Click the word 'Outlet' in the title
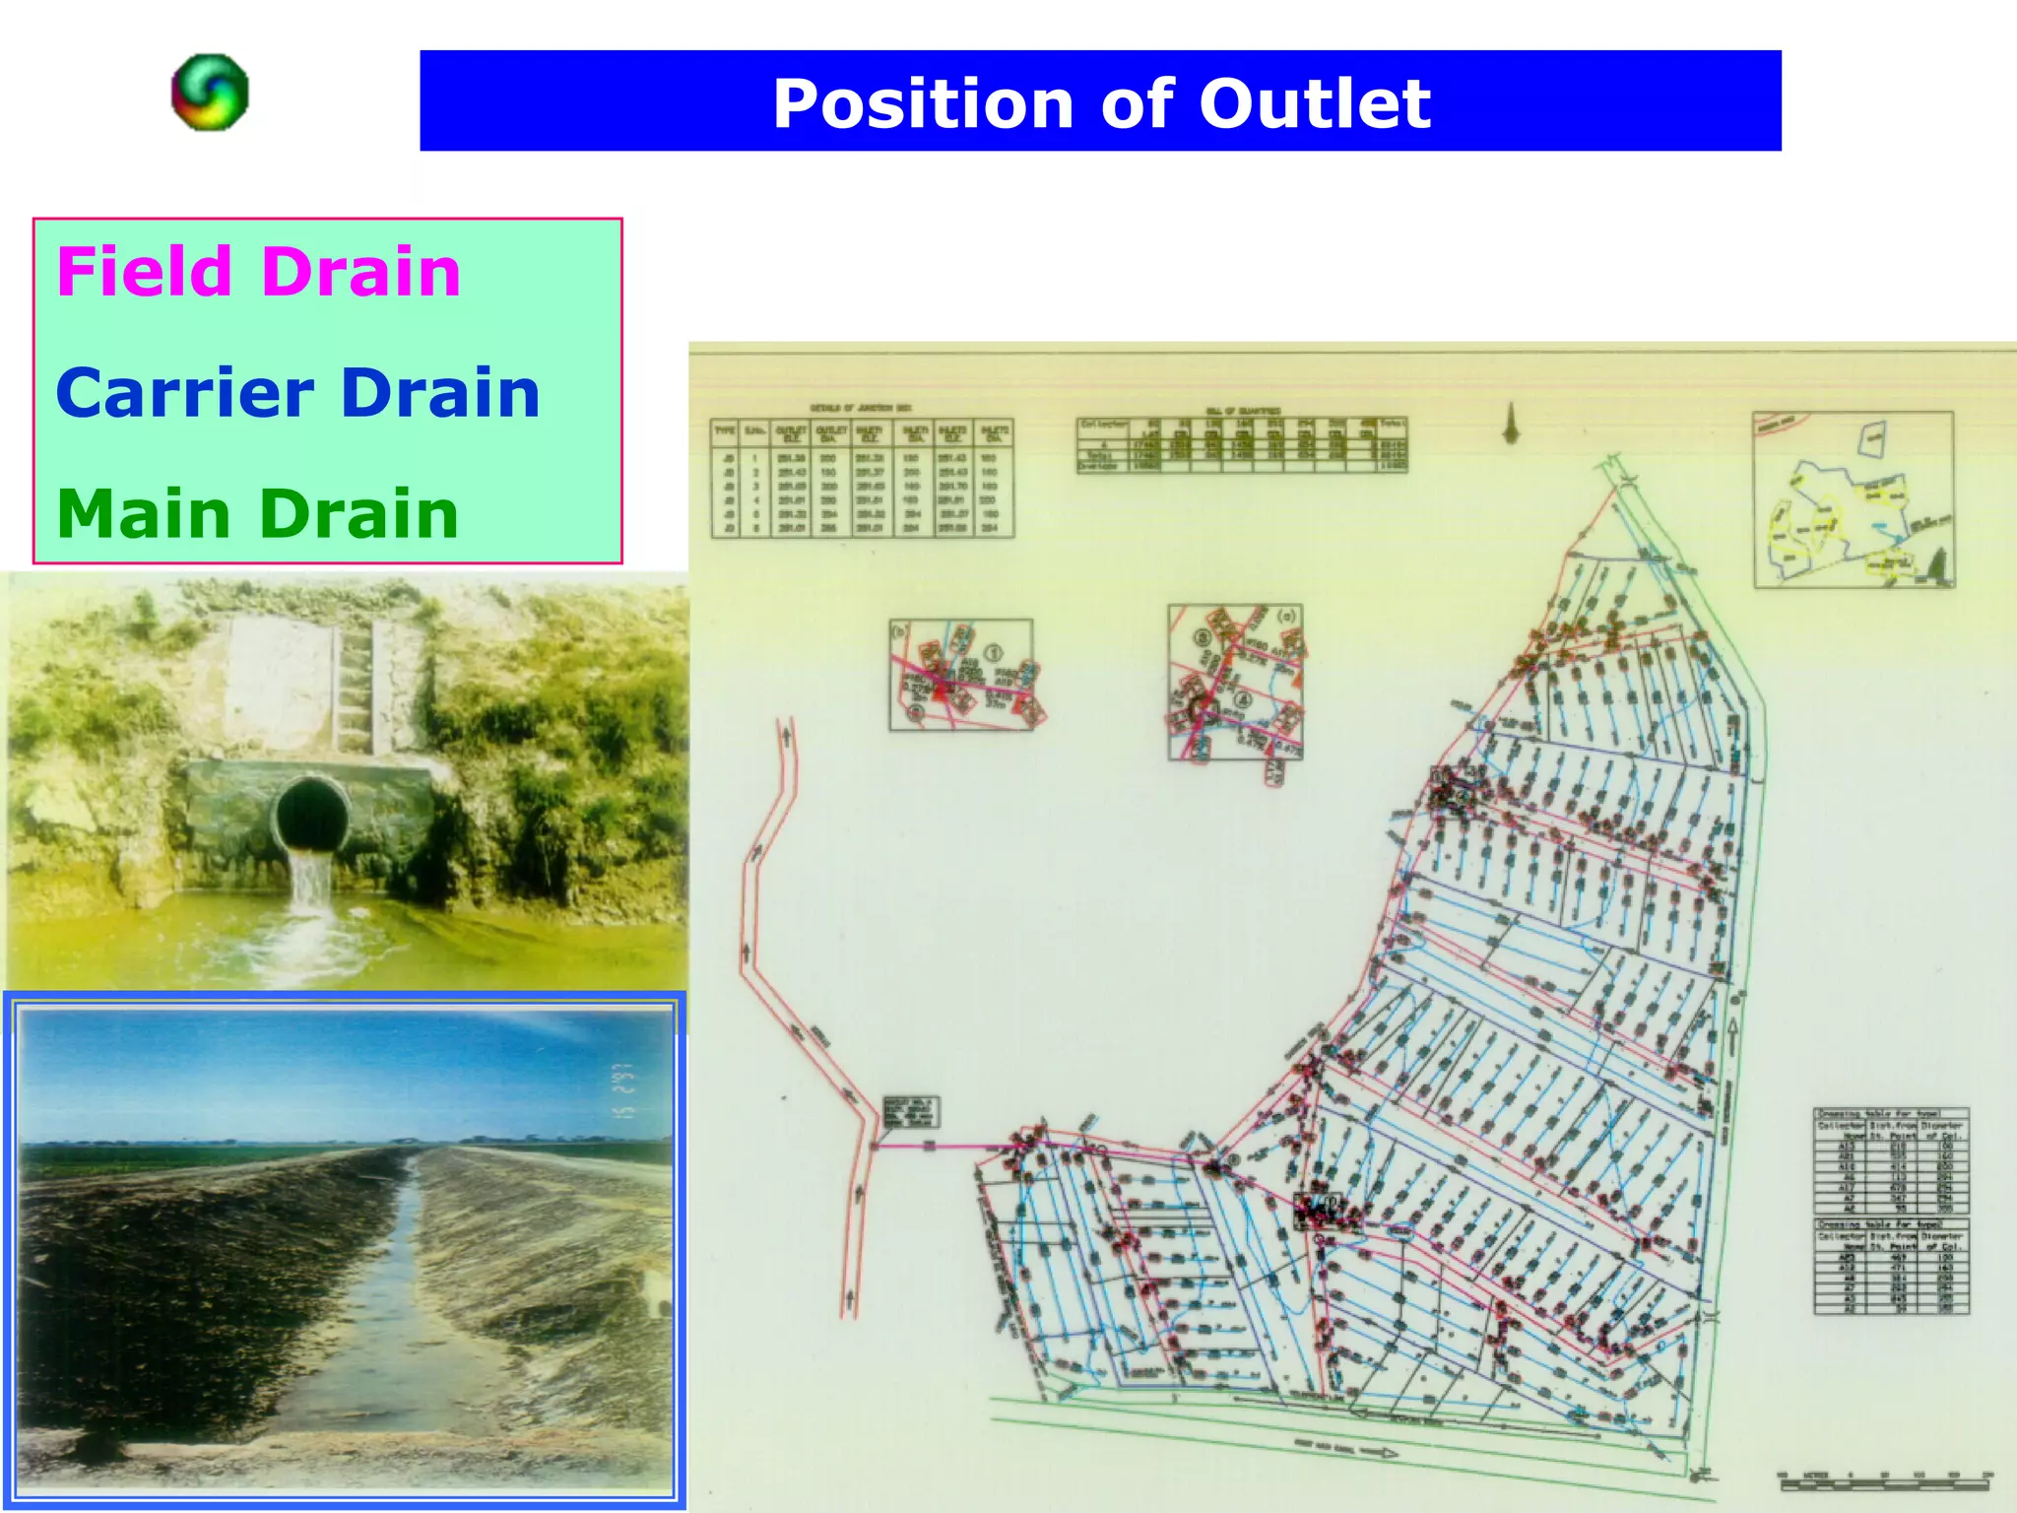click(x=1314, y=103)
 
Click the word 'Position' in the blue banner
click(x=922, y=103)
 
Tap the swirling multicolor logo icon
click(x=210, y=92)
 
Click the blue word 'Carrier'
click(x=184, y=393)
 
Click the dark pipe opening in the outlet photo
click(x=312, y=813)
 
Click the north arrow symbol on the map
click(x=1511, y=424)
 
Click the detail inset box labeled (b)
click(x=961, y=675)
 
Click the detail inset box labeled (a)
click(x=1235, y=682)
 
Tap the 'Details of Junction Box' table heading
click(x=861, y=408)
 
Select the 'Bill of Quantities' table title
click(x=1243, y=410)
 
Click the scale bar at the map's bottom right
click(x=1885, y=1480)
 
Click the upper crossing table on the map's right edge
click(x=1891, y=1162)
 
